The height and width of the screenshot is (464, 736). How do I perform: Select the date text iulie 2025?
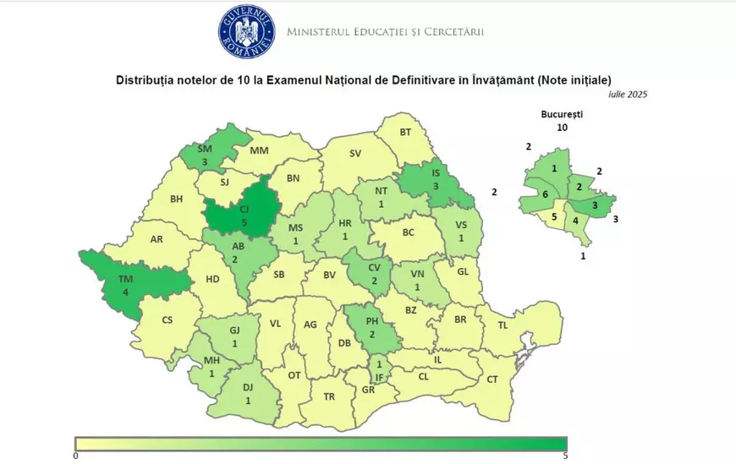[x=627, y=95]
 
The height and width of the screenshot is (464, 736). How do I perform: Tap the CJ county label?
[x=244, y=209]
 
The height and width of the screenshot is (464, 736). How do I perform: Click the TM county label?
[x=125, y=280]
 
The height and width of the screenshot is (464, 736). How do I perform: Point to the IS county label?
[x=435, y=172]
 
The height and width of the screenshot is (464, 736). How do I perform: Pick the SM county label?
[x=204, y=149]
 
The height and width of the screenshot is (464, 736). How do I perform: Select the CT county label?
[x=492, y=379]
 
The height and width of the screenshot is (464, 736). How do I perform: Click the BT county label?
[x=404, y=132]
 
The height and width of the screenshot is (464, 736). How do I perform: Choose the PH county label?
[x=371, y=320]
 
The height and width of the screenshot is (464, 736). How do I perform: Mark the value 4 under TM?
[x=125, y=292]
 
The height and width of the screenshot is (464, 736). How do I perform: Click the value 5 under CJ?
[x=244, y=222]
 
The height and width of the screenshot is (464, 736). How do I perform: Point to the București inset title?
[x=562, y=113]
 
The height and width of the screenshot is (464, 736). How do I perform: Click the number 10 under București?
[x=562, y=128]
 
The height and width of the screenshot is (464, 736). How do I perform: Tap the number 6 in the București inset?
[x=545, y=194]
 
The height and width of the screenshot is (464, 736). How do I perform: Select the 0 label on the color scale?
[x=76, y=456]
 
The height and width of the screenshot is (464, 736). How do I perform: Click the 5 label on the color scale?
[x=564, y=456]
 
